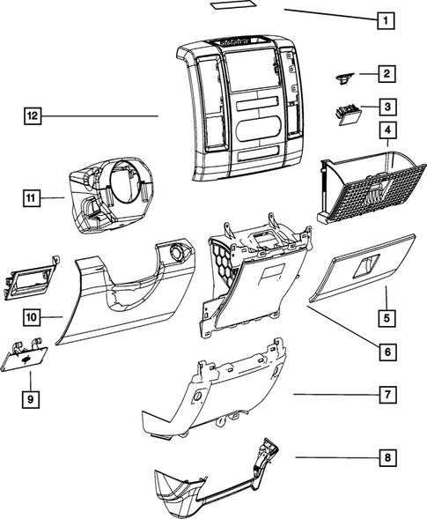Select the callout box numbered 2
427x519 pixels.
(x=385, y=74)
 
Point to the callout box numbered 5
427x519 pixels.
(x=385, y=316)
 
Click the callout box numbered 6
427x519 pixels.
(x=385, y=352)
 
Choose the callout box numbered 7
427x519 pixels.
(x=385, y=395)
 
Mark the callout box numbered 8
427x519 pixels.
(x=385, y=458)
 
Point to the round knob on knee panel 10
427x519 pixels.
(x=180, y=253)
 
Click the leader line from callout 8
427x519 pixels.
(x=335, y=458)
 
